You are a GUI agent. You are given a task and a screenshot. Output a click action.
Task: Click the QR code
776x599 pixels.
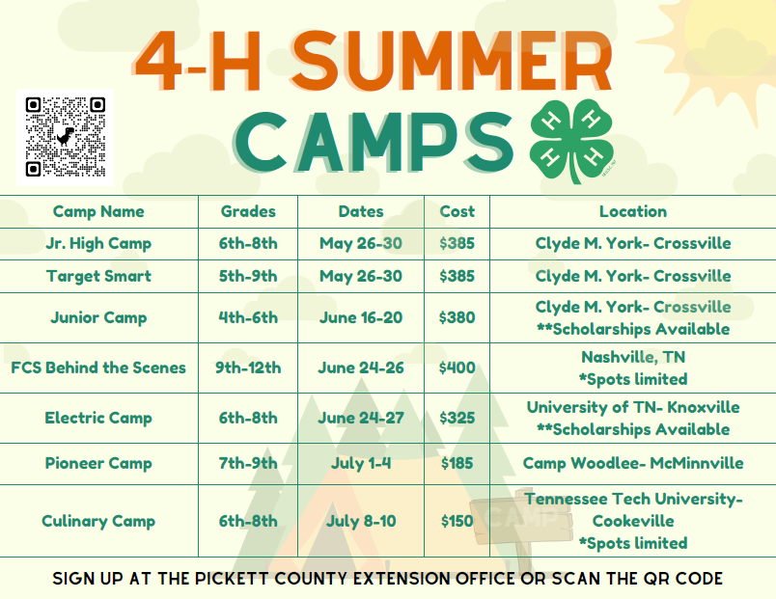pyautogui.click(x=65, y=137)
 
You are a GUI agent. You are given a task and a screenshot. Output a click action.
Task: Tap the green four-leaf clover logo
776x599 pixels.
pyautogui.click(x=572, y=141)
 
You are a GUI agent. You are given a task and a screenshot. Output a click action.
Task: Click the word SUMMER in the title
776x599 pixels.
pyautogui.click(x=452, y=61)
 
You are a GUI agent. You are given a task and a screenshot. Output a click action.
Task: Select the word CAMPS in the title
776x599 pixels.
pyautogui.click(x=374, y=142)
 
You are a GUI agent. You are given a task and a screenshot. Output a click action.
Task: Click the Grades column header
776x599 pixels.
pyautogui.click(x=248, y=211)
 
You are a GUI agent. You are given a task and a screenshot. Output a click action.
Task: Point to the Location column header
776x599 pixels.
pyautogui.click(x=633, y=211)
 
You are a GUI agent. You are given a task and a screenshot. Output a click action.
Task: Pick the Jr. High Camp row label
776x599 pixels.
pyautogui.click(x=98, y=243)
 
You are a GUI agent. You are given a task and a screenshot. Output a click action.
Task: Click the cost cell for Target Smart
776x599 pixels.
pyautogui.click(x=457, y=276)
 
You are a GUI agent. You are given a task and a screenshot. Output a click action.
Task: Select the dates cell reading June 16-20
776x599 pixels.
pyautogui.click(x=361, y=317)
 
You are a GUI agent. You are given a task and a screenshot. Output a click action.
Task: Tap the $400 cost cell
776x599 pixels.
pyautogui.click(x=457, y=368)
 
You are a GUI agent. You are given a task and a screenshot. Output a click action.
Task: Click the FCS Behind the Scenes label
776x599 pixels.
pyautogui.click(x=98, y=368)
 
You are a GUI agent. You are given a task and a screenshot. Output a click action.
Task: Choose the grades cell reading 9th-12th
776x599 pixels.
pyautogui.click(x=248, y=368)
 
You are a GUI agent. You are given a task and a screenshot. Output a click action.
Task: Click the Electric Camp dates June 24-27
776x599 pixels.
pyautogui.click(x=361, y=418)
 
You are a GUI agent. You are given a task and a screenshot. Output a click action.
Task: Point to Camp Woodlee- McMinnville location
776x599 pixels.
pyautogui.click(x=633, y=463)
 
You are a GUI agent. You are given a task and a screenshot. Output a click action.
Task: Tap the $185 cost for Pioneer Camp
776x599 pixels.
pyautogui.click(x=457, y=463)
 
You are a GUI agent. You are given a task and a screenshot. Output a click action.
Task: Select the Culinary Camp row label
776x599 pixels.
pyautogui.click(x=98, y=521)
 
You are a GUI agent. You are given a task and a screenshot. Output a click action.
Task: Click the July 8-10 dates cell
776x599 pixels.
pyautogui.click(x=361, y=521)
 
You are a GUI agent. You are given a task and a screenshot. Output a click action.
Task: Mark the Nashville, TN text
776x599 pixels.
pyautogui.click(x=633, y=357)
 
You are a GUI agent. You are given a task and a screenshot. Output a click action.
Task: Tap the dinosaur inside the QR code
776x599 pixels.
pyautogui.click(x=66, y=136)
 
